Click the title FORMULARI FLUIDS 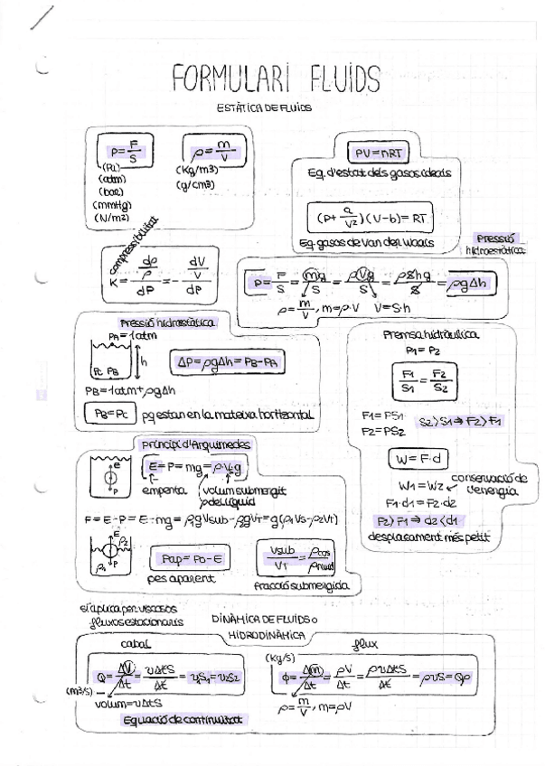click(x=276, y=80)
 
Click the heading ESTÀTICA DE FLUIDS click(x=264, y=107)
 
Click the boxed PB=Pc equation click(x=108, y=415)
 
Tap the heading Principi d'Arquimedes click(x=196, y=444)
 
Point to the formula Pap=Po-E click(x=189, y=558)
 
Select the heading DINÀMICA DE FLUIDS click(x=266, y=620)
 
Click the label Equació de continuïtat click(x=186, y=719)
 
